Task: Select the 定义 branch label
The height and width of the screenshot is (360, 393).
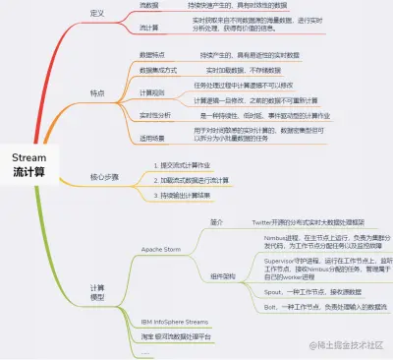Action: pos(97,15)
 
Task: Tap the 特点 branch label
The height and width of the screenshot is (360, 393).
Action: pos(97,93)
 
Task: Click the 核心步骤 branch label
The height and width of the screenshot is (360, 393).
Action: pos(103,178)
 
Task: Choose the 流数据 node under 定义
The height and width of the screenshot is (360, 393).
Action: pos(149,5)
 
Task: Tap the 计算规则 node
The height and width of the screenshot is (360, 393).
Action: pos(152,92)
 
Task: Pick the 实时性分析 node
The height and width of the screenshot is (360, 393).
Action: pos(155,115)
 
